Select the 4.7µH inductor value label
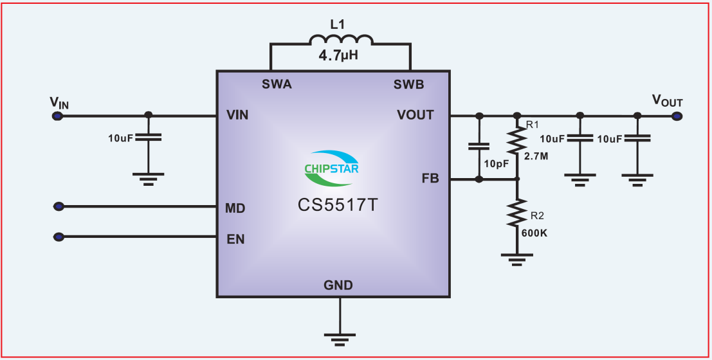tap(338, 56)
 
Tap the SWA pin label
tap(277, 84)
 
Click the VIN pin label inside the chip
tap(237, 116)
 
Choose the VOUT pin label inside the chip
tap(415, 116)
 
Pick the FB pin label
tap(430, 178)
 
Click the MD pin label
tap(235, 208)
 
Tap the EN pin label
tap(235, 239)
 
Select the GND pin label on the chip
tap(338, 285)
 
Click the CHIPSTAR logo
tap(332, 164)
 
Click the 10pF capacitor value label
tap(497, 164)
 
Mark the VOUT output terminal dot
tap(677, 116)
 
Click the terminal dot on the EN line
tap(59, 237)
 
